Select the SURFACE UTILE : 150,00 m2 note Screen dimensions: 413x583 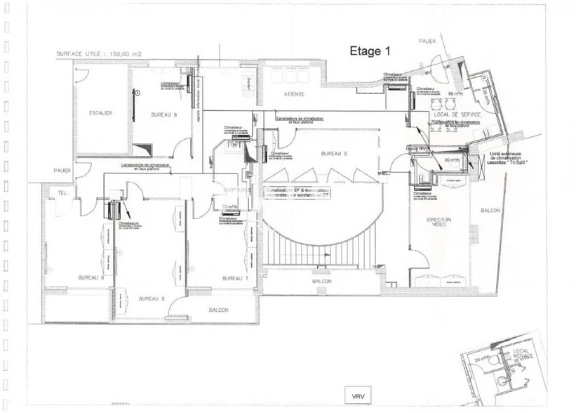102,53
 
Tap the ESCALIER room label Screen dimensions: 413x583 100,113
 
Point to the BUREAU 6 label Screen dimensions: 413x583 163,114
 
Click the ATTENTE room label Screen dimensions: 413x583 294,93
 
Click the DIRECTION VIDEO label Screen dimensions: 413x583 439,223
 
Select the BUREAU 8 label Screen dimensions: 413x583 151,299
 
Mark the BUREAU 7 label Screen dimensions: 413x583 234,278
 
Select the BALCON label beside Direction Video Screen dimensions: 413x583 490,210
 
